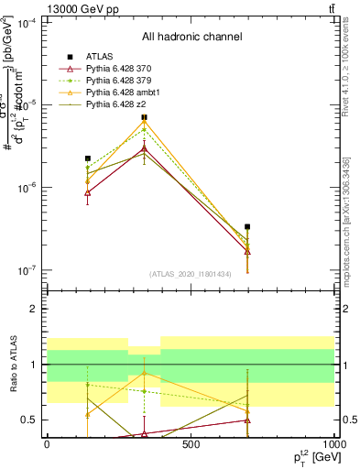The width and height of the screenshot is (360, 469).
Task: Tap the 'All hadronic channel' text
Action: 191,37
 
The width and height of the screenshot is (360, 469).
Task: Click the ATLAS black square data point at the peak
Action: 145,117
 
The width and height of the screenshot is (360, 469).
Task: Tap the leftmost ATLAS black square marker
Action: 88,158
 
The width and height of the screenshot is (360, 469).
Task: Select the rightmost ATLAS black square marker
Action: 247,226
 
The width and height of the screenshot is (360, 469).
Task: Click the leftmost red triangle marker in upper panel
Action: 88,192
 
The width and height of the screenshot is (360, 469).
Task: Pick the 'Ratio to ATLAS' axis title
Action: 13,365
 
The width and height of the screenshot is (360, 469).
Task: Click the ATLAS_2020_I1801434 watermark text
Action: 190,274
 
